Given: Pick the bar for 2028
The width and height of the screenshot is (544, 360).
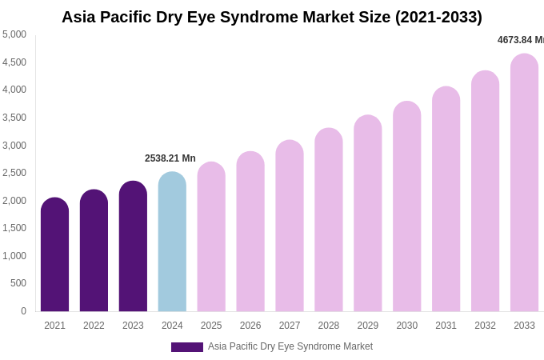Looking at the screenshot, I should [x=328, y=219].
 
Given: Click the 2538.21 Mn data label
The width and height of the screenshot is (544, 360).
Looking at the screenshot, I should [x=170, y=158].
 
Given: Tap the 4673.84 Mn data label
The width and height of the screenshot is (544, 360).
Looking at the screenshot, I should [x=521, y=40].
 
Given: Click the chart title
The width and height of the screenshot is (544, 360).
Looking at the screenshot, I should [x=272, y=17].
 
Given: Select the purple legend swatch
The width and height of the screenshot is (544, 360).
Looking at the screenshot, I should [x=186, y=347].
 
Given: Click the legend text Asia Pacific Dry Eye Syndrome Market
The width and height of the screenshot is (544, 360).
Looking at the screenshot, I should [x=290, y=346].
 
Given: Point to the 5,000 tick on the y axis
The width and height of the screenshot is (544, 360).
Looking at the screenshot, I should [x=14, y=34].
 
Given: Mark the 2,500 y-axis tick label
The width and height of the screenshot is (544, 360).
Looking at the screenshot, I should [x=14, y=173].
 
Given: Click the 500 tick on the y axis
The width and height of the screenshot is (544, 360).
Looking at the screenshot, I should [x=18, y=283].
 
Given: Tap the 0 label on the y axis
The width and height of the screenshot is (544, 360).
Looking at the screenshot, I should [x=23, y=311].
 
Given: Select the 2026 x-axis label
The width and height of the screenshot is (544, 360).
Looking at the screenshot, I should [x=250, y=326].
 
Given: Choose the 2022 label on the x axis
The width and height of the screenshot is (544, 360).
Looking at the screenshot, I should [x=94, y=326].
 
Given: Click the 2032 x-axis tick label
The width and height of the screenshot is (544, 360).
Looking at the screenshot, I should [x=485, y=326].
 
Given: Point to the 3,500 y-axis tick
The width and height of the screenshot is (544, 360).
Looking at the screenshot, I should [x=14, y=118].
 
